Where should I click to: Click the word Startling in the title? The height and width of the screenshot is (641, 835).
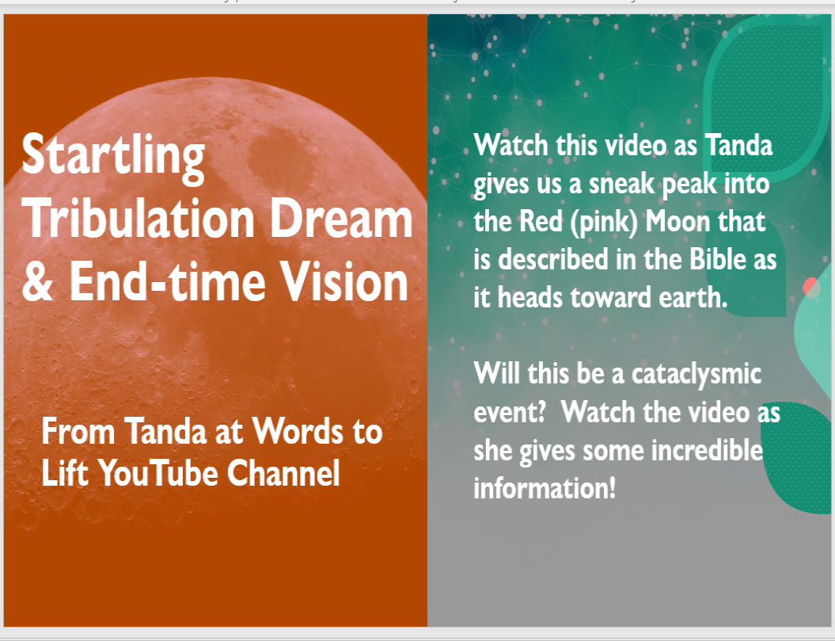[113, 156]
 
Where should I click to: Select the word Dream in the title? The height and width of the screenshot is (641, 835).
[341, 218]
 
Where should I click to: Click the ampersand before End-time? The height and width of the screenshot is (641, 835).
[37, 281]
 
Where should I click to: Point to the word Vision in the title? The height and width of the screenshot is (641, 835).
[344, 281]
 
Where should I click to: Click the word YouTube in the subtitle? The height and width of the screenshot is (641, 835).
[158, 472]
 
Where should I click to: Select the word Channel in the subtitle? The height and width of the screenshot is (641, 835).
[284, 472]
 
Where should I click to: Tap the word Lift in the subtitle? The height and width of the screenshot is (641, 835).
[65, 472]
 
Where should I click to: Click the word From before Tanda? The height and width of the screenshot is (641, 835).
[78, 431]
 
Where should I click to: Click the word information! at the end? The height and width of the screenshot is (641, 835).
[545, 488]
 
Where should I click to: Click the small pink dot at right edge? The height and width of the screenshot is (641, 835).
[811, 288]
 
